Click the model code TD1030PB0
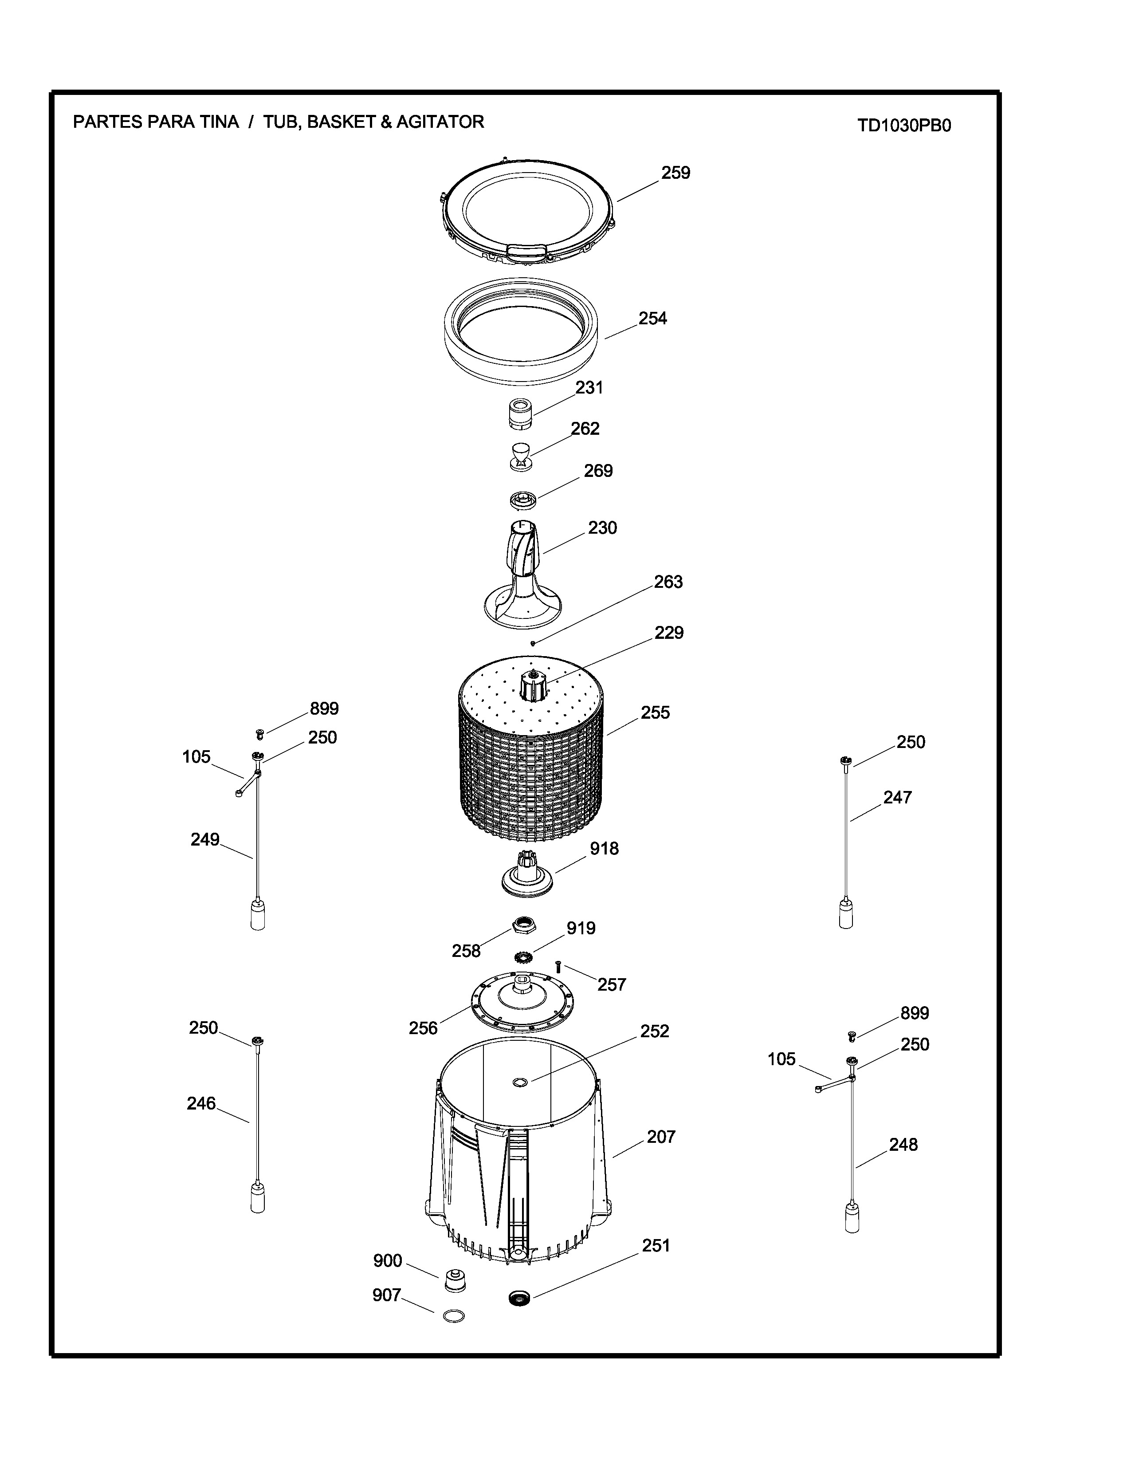click(x=904, y=126)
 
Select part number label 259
click(x=675, y=173)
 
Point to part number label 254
click(x=652, y=319)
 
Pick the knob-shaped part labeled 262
click(x=521, y=456)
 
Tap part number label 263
click(x=668, y=582)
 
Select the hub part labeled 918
click(x=527, y=874)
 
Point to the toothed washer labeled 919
click(x=523, y=956)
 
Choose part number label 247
click(x=897, y=798)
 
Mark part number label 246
click(x=201, y=1103)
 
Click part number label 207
click(x=661, y=1137)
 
